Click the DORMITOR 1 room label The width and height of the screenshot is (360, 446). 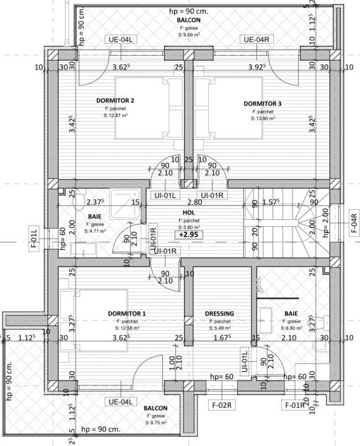click(x=126, y=313)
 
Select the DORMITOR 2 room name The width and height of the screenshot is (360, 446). click(x=115, y=100)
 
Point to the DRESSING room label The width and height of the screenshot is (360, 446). click(x=219, y=313)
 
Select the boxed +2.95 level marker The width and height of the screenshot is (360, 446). click(x=189, y=235)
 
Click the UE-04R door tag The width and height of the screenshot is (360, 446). click(x=257, y=40)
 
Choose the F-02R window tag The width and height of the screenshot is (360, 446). click(x=220, y=406)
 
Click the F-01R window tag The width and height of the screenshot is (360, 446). click(x=294, y=406)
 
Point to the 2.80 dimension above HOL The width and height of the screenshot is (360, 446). click(x=195, y=202)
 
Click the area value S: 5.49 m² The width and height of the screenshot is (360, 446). click(x=219, y=328)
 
